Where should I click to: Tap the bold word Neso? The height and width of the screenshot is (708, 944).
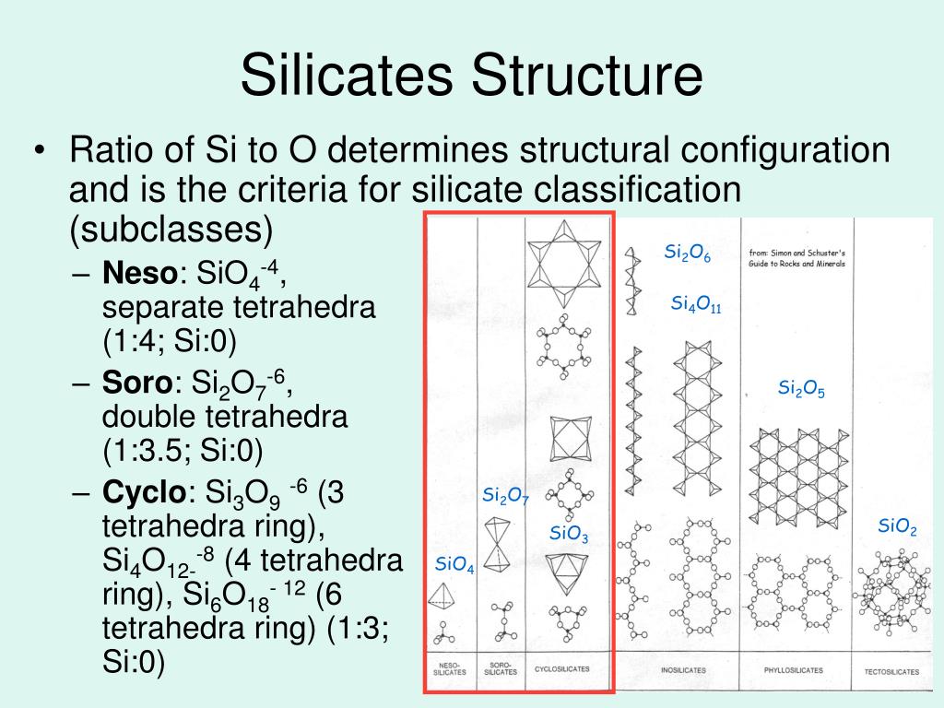(140, 273)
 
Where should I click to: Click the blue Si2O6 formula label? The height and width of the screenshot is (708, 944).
(688, 254)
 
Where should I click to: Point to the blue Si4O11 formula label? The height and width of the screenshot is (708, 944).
(695, 303)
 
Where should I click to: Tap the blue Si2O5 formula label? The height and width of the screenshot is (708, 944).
(801, 388)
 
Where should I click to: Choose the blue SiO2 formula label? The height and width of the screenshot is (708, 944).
(897, 526)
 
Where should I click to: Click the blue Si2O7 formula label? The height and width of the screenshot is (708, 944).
(505, 496)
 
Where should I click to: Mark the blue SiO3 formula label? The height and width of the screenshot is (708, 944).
(569, 533)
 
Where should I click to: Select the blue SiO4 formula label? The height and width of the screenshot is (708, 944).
(454, 565)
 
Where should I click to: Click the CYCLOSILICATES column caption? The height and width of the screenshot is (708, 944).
(562, 669)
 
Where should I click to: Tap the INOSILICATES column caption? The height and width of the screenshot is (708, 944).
(684, 670)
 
